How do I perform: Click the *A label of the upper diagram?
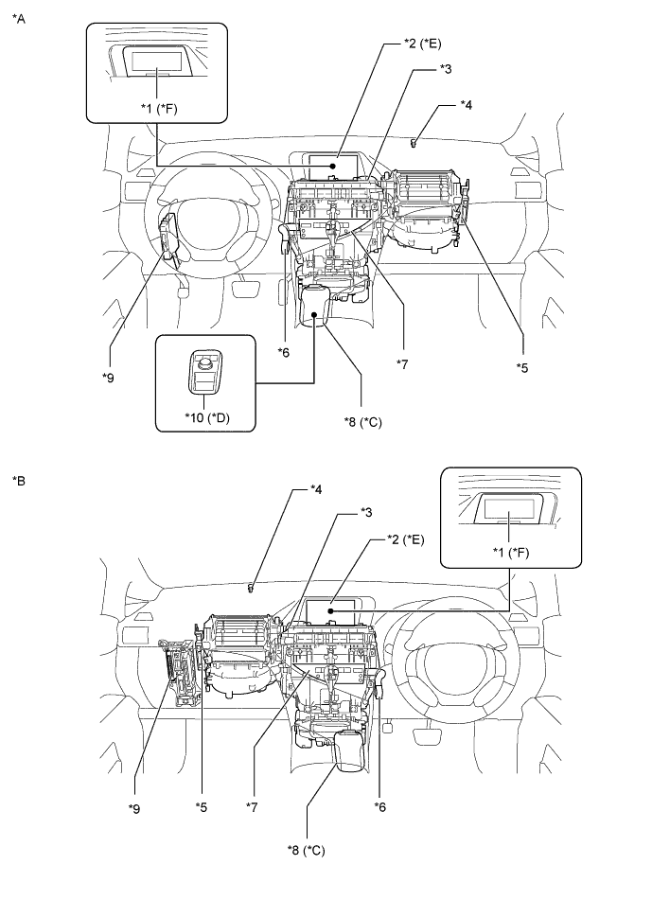pos(17,16)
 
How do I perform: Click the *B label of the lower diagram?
pos(17,481)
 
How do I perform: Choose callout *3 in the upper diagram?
pos(446,68)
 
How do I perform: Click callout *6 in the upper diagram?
pos(283,352)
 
